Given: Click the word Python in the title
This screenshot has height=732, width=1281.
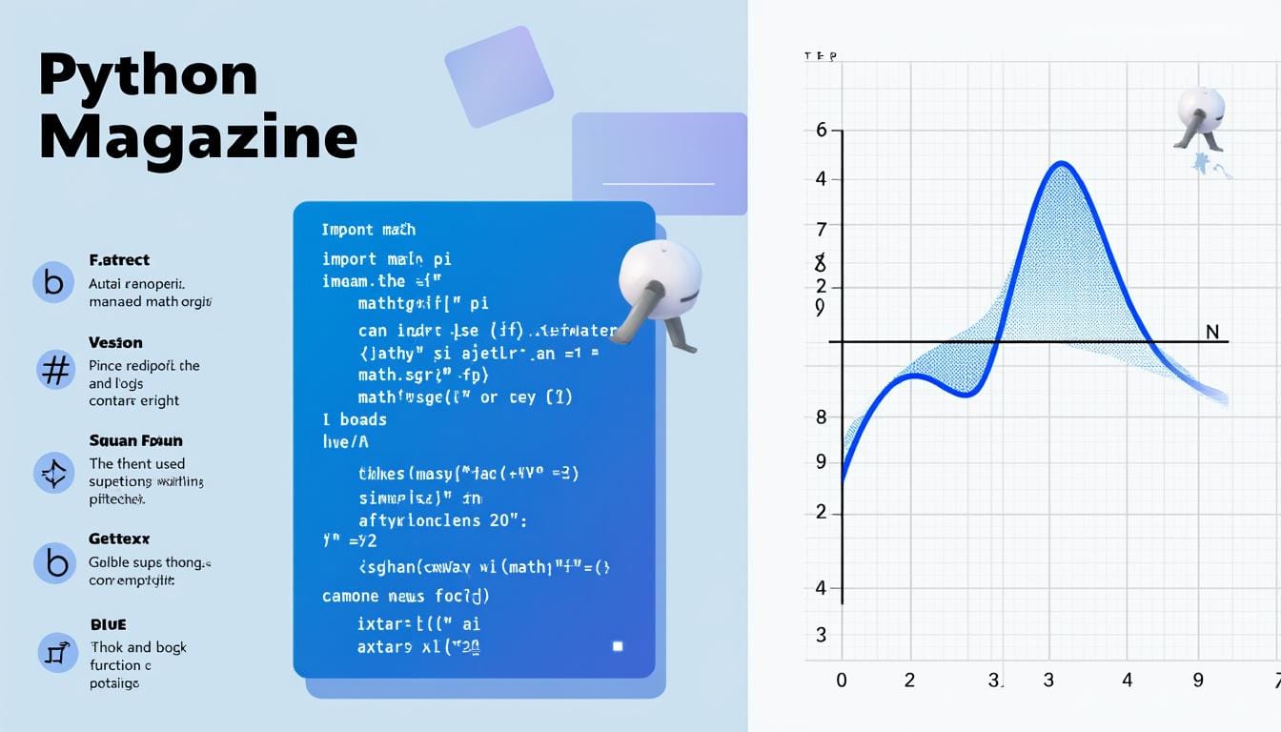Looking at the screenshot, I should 149,76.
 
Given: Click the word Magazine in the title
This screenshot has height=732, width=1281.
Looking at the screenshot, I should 198,138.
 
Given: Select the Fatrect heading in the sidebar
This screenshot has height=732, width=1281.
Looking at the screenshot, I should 119,260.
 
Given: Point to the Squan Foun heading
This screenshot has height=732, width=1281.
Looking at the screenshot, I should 135,440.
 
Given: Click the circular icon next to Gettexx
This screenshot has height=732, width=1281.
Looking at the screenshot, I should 54,563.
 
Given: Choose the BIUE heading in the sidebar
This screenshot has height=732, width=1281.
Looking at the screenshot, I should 108,624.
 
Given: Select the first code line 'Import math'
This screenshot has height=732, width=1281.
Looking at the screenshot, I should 368,230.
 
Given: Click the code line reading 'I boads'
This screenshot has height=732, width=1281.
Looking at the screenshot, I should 354,419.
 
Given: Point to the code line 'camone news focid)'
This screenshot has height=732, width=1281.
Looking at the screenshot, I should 405,596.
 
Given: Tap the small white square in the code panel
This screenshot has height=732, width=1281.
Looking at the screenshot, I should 618,646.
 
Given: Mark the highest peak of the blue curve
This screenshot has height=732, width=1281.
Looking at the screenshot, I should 1061,165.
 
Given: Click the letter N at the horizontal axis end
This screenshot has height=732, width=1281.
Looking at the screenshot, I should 1212,332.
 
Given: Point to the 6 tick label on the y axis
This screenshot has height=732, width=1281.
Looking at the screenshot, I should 822,131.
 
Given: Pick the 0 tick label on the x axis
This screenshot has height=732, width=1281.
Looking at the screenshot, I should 841,681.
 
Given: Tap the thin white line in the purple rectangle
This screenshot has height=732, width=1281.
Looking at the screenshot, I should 659,183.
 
